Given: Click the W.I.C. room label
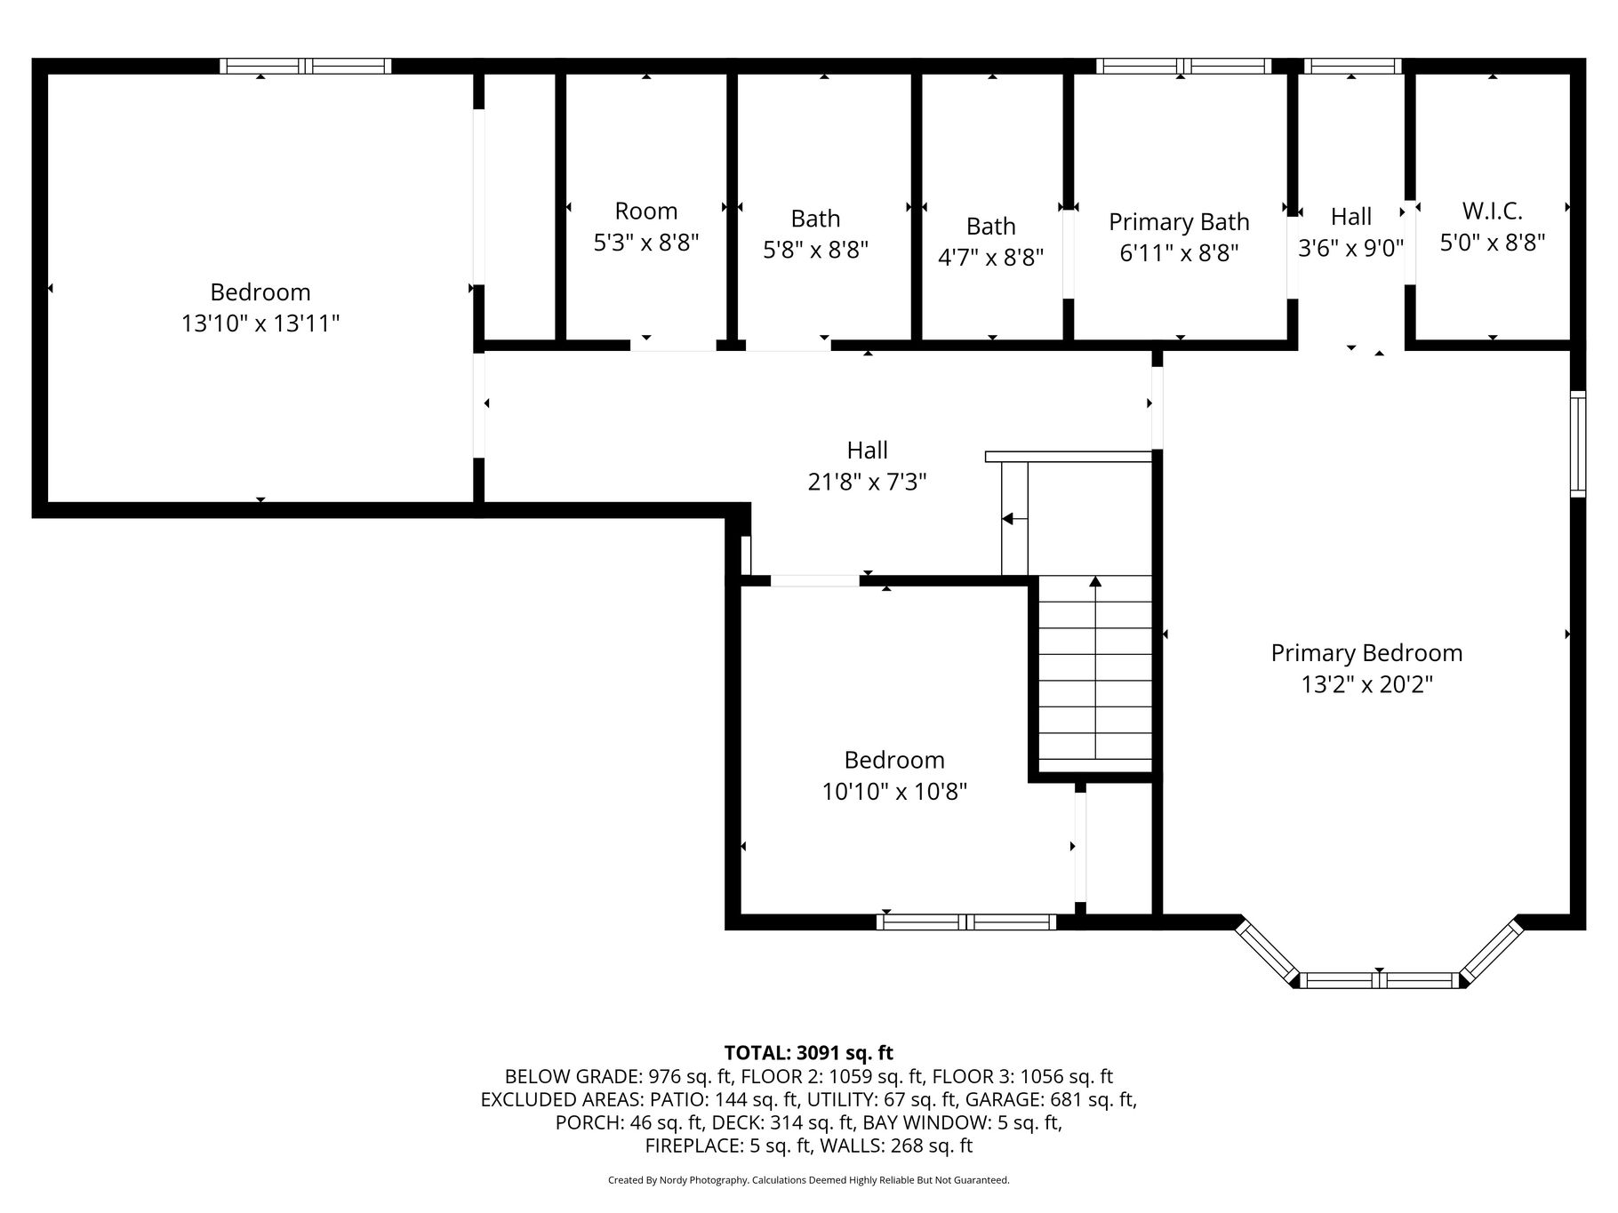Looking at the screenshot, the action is click(x=1492, y=211).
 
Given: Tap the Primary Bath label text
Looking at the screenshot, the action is click(x=1179, y=221).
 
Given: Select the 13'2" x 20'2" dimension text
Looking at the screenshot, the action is click(x=1367, y=684).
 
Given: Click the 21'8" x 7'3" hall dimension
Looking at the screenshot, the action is click(x=867, y=482).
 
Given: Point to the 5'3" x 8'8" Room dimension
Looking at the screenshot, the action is click(x=646, y=242).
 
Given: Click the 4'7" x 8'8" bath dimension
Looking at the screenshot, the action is click(x=991, y=257).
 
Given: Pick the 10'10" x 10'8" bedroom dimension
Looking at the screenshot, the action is click(x=894, y=791).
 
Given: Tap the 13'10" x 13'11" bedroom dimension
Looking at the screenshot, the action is click(x=260, y=323).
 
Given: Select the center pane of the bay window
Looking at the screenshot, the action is click(x=1379, y=980).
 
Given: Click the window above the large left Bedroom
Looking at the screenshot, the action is click(x=305, y=66).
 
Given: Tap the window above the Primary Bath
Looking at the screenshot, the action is click(x=1183, y=66).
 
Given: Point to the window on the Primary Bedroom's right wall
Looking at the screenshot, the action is click(x=1578, y=443).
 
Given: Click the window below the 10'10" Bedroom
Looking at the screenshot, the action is click(x=966, y=922).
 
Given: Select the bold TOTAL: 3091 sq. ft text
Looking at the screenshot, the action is click(x=808, y=1053).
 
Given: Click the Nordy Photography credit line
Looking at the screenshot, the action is click(x=808, y=1180).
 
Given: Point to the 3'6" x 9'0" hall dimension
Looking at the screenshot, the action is click(x=1351, y=248).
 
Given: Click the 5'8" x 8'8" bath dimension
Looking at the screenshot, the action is click(x=815, y=250).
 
